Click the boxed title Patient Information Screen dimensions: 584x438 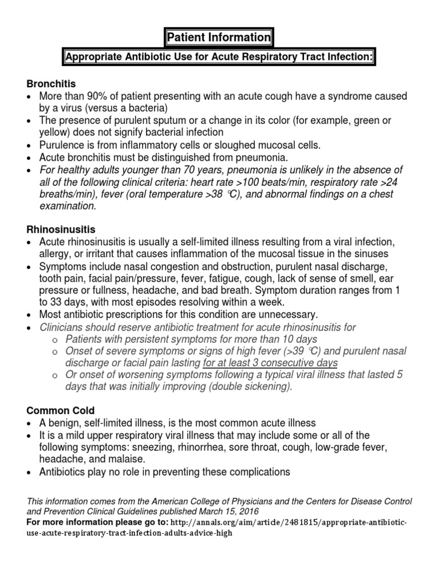point(219,38)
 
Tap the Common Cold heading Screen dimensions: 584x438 point(60,409)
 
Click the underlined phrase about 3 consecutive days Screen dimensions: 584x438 point(270,363)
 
